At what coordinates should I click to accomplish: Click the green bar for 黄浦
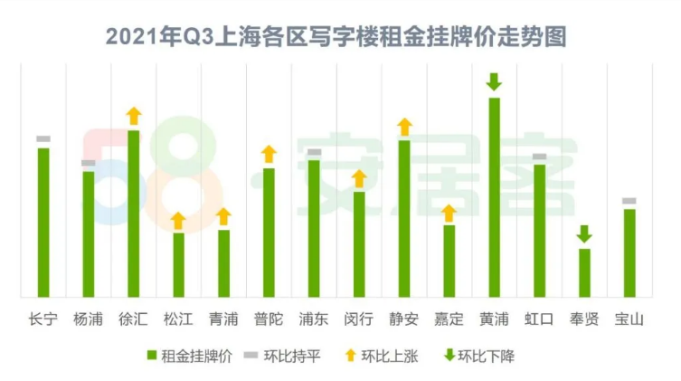click(494, 196)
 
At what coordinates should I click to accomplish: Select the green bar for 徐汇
click(133, 213)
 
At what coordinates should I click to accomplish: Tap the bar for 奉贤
click(584, 271)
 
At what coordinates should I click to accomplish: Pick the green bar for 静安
click(404, 217)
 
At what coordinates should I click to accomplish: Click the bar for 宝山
click(629, 252)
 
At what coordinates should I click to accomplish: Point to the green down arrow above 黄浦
click(494, 82)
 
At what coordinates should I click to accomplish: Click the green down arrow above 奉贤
click(584, 233)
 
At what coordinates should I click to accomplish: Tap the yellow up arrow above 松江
click(178, 220)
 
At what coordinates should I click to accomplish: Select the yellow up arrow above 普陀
click(269, 154)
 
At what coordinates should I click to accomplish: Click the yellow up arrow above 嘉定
click(449, 214)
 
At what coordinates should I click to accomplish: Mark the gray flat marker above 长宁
click(43, 138)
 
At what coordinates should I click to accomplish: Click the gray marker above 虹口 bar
click(539, 157)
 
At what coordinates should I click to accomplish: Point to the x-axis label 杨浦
click(88, 319)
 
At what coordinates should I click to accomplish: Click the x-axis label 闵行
click(359, 319)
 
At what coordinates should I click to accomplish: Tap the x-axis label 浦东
click(314, 319)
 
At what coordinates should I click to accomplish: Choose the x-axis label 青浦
click(223, 319)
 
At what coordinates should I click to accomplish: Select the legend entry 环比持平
click(283, 356)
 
